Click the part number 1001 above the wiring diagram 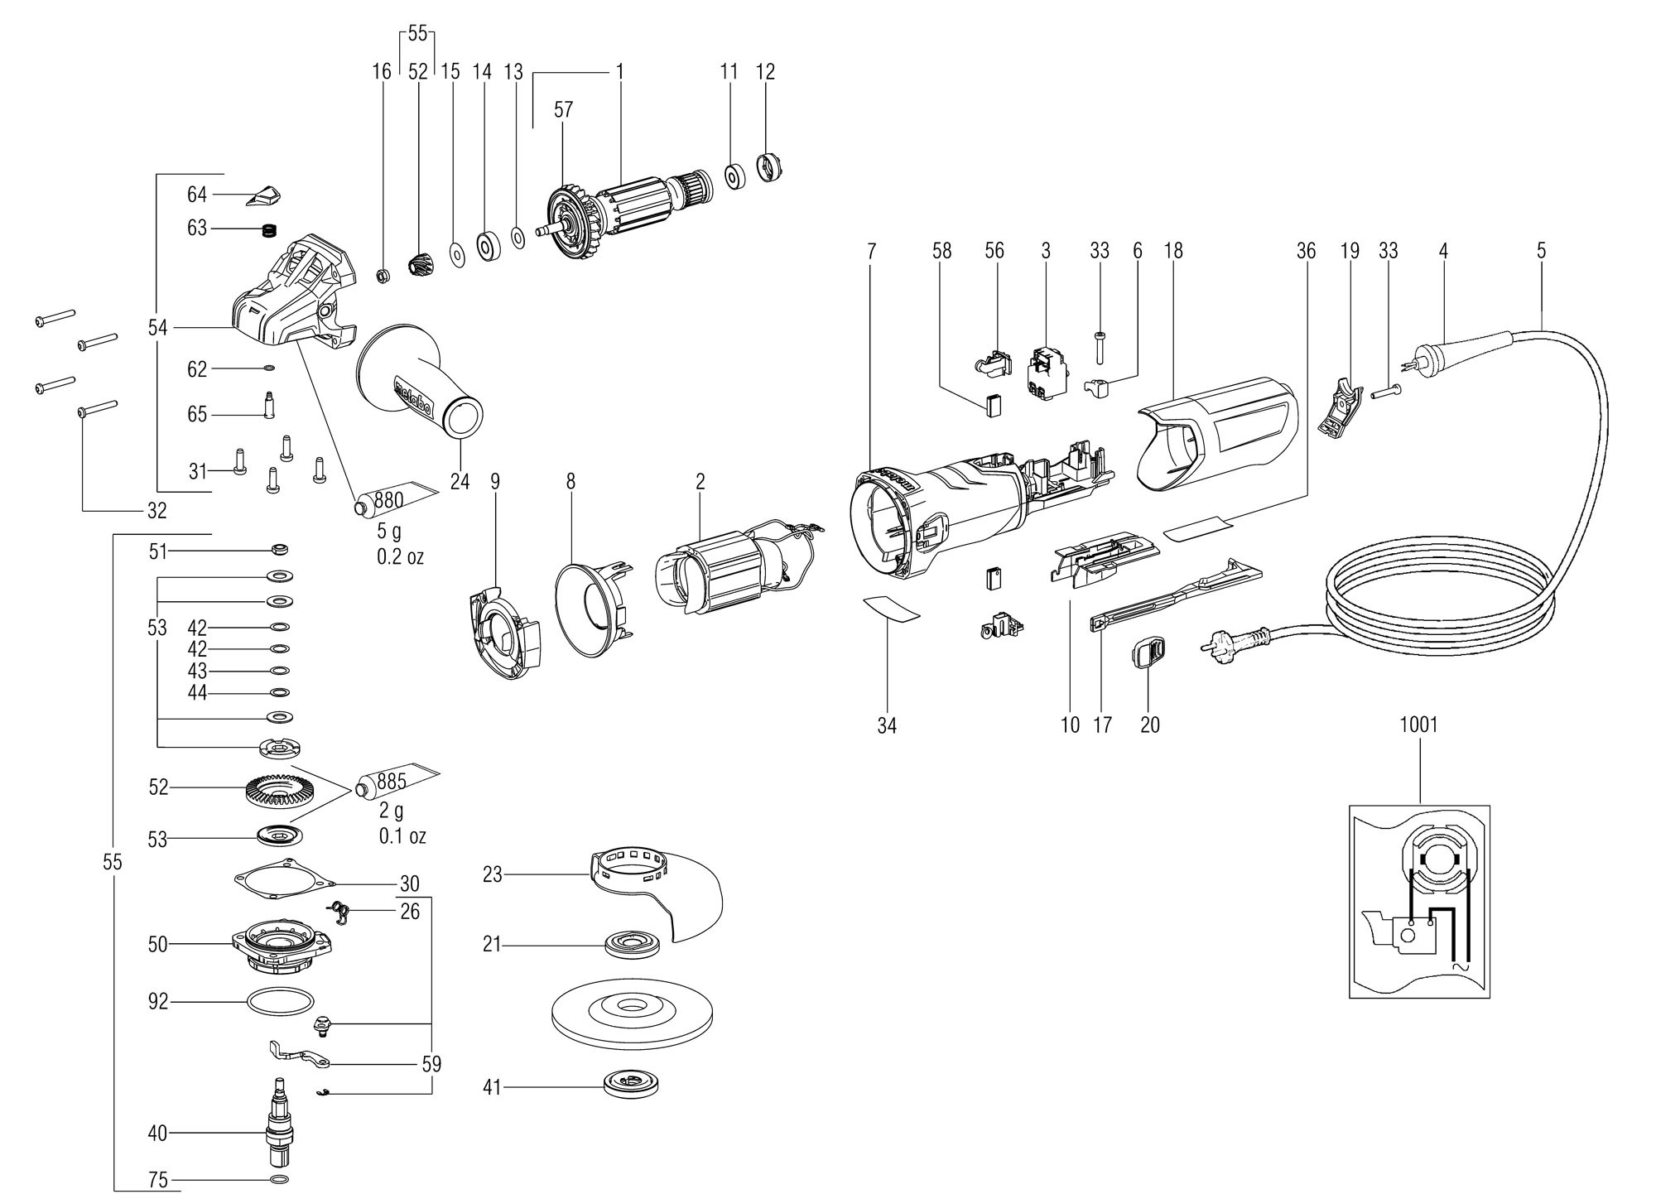coord(1418,725)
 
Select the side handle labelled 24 coord(421,382)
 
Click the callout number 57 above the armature coord(563,110)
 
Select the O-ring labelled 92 coord(281,1002)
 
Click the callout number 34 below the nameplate coord(887,726)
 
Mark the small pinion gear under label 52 coord(420,265)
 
